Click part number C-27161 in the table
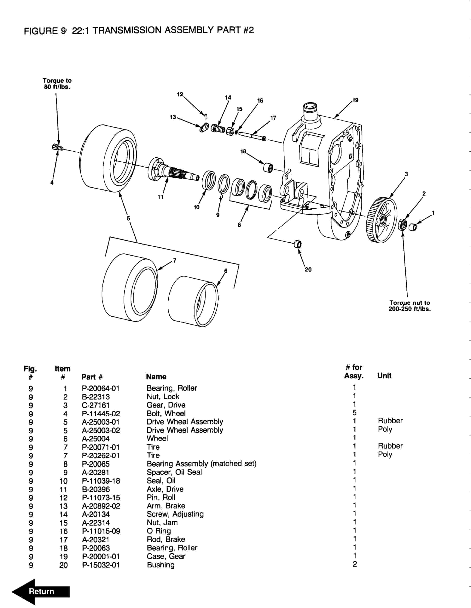[x=96, y=405]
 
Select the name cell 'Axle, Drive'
[x=165, y=489]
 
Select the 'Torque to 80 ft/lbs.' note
[x=57, y=83]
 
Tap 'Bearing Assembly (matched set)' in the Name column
[x=201, y=464]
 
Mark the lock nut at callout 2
[x=402, y=224]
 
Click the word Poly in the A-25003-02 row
[x=385, y=429]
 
